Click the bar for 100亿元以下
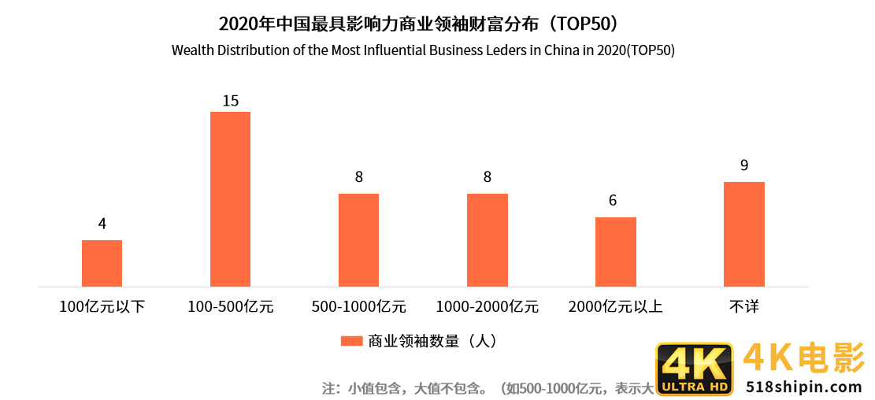(x=102, y=263)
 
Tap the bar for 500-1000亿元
(x=358, y=240)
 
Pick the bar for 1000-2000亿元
(x=487, y=240)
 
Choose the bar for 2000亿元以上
(x=615, y=252)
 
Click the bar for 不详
(x=743, y=234)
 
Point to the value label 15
(x=230, y=101)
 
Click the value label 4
(x=102, y=224)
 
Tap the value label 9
(x=743, y=165)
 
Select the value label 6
(x=612, y=201)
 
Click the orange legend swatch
(x=351, y=341)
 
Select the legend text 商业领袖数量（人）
(x=432, y=341)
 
